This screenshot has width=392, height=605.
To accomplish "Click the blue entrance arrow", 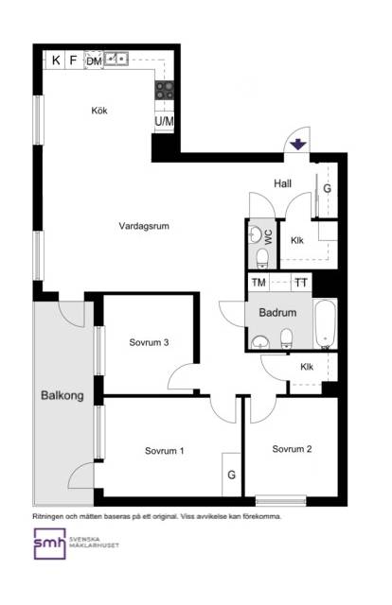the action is (x=298, y=145).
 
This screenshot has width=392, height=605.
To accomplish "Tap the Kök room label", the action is (x=99, y=111).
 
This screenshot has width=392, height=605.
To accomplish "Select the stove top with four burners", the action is (x=165, y=91).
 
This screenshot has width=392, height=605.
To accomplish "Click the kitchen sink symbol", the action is (x=116, y=59).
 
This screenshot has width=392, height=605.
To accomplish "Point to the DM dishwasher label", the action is (x=94, y=60).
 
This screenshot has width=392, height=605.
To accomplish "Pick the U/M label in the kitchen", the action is (x=165, y=121).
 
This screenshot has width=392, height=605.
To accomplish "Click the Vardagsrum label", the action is (x=144, y=226).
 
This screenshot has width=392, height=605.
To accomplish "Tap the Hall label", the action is (x=282, y=183).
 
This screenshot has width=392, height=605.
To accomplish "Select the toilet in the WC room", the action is (x=262, y=258).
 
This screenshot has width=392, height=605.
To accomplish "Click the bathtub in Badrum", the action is (x=325, y=323).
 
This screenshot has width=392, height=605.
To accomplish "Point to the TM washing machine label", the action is (x=258, y=283).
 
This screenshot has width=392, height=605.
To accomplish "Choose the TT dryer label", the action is (x=301, y=283).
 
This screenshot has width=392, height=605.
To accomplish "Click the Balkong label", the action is (x=62, y=395).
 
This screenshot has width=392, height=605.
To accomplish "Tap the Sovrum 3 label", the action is (x=149, y=342).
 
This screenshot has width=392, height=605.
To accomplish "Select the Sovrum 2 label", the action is (x=292, y=449).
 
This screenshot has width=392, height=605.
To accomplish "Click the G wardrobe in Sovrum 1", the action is (x=231, y=475).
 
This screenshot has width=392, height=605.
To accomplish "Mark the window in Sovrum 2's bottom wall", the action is (x=281, y=501).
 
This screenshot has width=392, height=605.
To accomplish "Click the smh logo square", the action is (x=49, y=544).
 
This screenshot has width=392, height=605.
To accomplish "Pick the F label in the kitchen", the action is (x=73, y=60).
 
